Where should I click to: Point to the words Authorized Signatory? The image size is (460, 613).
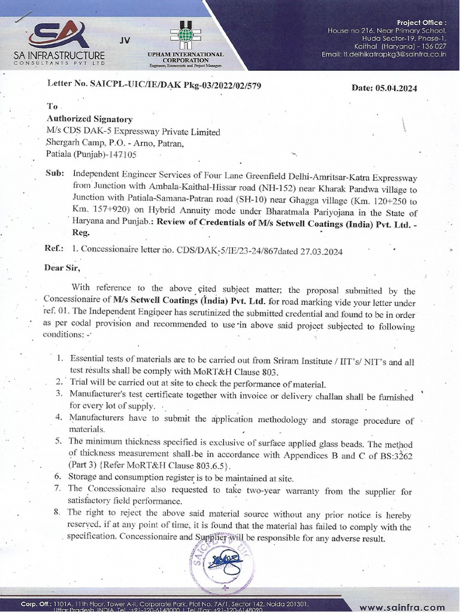(90, 120)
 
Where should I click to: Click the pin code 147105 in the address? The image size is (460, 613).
(122, 154)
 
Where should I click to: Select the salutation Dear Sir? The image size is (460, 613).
(62, 268)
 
